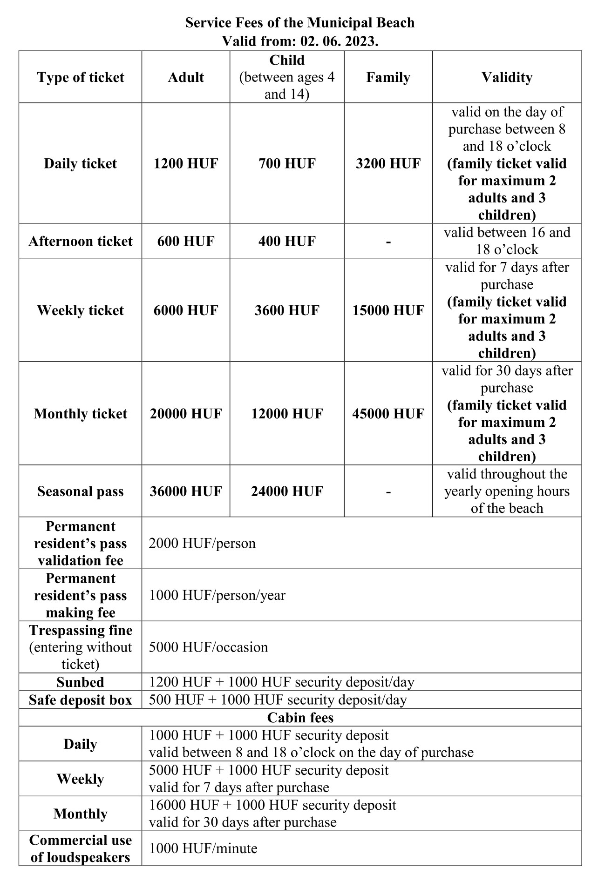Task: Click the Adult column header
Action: (x=186, y=77)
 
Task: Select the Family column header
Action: (x=388, y=77)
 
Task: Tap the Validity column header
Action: (x=507, y=77)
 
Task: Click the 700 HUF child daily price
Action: (x=287, y=163)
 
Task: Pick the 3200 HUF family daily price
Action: (x=388, y=163)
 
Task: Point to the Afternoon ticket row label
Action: (x=81, y=241)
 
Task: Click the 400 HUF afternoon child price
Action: (x=287, y=241)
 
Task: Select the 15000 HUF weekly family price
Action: (x=388, y=310)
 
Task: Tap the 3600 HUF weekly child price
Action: (x=287, y=310)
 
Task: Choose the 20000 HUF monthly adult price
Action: (x=186, y=414)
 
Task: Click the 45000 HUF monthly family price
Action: (x=388, y=414)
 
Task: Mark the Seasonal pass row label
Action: (x=81, y=491)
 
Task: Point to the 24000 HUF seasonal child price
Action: (x=287, y=491)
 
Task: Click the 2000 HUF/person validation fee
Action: (x=202, y=543)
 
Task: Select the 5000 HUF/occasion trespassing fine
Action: (x=208, y=647)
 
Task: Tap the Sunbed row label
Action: (x=81, y=682)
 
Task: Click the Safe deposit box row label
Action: (x=81, y=700)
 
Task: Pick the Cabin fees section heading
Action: (x=300, y=718)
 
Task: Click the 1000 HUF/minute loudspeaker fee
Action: (x=203, y=848)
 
